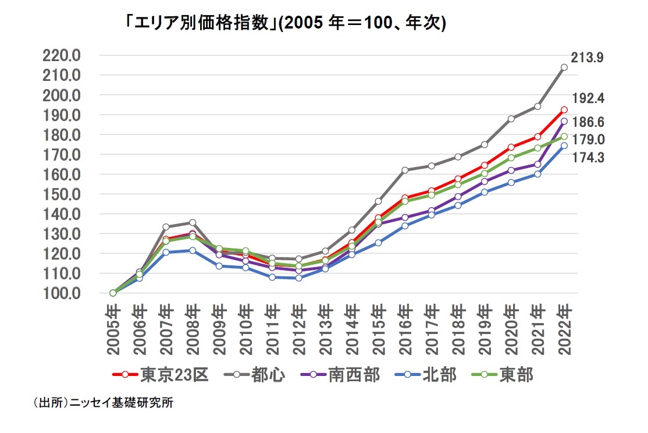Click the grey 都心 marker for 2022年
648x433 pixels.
point(564,68)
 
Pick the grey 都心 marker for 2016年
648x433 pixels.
point(405,171)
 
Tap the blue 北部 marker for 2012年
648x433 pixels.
point(298,278)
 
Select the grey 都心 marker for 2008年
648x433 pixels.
point(193,222)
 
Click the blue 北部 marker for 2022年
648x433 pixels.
point(564,145)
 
